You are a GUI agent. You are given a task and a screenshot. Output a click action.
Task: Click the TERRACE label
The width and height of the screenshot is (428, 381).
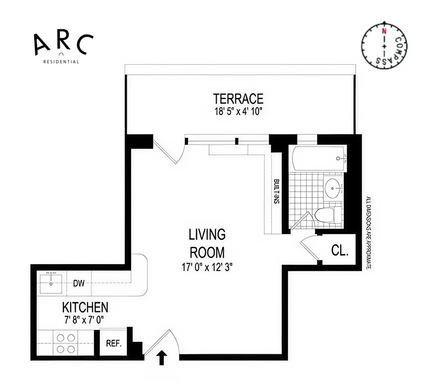[x=238, y=99]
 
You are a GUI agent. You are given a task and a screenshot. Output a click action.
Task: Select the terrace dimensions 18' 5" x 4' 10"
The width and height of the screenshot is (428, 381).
[x=238, y=111]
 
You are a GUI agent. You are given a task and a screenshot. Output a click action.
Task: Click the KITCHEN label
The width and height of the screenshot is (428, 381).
[x=85, y=307]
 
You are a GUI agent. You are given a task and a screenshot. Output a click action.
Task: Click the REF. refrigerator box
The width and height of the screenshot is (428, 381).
[x=113, y=343]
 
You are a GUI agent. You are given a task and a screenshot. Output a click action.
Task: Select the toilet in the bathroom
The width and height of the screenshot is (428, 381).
[x=327, y=215]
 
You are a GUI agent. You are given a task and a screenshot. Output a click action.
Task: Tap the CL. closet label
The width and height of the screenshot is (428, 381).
[x=339, y=250]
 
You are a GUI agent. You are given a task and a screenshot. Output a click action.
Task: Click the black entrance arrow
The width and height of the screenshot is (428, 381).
[x=162, y=358]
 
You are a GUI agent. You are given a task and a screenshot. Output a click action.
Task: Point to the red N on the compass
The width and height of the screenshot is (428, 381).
[x=384, y=31]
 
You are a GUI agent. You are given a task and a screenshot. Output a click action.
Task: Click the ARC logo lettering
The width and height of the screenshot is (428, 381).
[x=63, y=44]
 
